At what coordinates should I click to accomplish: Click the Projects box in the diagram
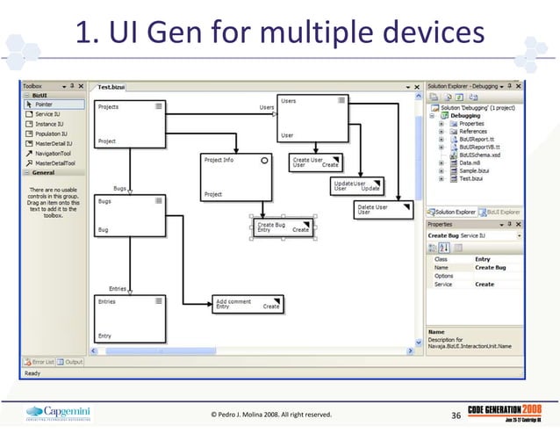(x=130, y=123)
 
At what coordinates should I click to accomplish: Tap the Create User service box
(x=315, y=162)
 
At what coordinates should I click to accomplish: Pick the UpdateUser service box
(x=356, y=185)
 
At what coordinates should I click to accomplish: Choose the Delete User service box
(x=384, y=209)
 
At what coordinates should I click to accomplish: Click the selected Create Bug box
(x=283, y=227)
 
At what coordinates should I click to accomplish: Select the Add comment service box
(x=248, y=304)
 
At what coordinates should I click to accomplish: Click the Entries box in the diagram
(x=130, y=318)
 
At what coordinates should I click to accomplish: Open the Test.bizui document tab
(x=111, y=89)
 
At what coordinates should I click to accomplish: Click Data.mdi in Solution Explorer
(x=470, y=162)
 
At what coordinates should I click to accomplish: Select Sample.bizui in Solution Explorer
(x=475, y=170)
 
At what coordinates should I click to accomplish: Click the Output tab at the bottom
(x=73, y=361)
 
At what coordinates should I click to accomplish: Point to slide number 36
(x=456, y=414)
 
